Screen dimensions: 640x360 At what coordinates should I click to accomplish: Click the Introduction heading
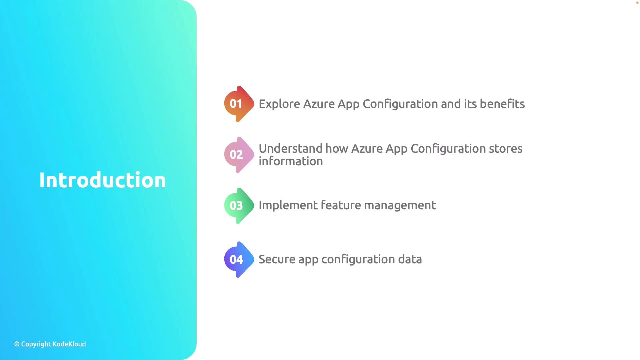(x=102, y=180)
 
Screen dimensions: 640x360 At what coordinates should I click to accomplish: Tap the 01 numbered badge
(x=239, y=104)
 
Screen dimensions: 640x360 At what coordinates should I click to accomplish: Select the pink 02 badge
(x=239, y=155)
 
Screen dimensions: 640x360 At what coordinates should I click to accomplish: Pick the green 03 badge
(x=239, y=206)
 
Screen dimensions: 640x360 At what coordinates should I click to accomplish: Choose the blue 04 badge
(x=239, y=260)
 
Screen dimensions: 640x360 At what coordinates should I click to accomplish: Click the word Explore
(x=279, y=104)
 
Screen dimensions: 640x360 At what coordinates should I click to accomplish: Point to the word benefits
(x=502, y=104)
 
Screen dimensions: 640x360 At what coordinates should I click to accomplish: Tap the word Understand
(x=290, y=148)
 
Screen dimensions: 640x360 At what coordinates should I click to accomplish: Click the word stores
(x=506, y=149)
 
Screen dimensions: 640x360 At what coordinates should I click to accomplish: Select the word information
(x=291, y=161)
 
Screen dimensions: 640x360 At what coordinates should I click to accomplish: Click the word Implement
(x=288, y=205)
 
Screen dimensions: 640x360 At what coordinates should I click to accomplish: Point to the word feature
(x=340, y=205)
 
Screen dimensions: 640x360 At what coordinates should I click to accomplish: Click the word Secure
(x=277, y=259)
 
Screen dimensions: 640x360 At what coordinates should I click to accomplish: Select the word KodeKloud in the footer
(x=69, y=344)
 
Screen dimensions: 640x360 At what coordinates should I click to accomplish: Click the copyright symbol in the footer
(x=17, y=344)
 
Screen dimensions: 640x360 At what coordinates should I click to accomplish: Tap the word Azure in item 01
(x=319, y=104)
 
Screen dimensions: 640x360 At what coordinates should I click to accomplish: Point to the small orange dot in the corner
(x=637, y=3)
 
